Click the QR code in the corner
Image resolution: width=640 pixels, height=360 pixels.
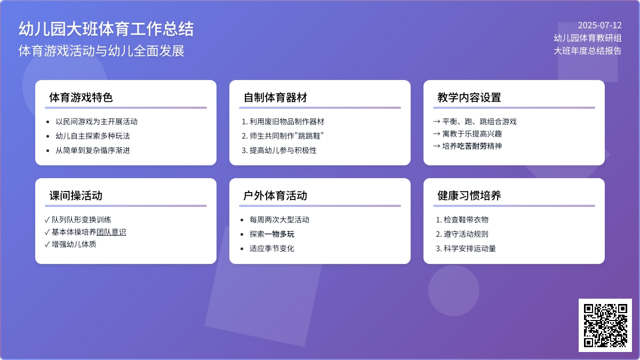(x=605, y=325)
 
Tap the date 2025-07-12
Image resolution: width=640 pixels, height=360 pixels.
(x=599, y=26)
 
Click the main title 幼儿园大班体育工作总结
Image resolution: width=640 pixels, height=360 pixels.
(x=106, y=29)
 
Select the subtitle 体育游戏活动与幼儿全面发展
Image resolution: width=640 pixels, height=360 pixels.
(x=101, y=51)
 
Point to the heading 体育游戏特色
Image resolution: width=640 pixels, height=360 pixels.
(x=81, y=98)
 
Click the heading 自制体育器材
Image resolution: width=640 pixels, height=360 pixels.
(x=275, y=98)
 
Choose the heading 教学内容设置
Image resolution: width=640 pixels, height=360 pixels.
(x=469, y=98)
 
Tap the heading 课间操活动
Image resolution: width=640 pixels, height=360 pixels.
(x=76, y=196)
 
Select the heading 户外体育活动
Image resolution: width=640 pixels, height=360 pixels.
(x=275, y=196)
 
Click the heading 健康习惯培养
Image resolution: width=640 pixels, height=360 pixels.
(x=469, y=196)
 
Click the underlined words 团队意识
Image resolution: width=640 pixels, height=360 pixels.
(x=111, y=232)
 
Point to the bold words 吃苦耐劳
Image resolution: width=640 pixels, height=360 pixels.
(x=472, y=146)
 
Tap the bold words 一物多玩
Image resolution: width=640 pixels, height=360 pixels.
(x=279, y=234)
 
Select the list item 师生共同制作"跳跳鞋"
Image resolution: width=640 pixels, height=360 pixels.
(x=286, y=135)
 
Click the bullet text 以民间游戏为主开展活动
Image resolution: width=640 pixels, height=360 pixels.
(x=97, y=122)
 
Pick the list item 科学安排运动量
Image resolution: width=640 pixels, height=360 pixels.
(x=470, y=249)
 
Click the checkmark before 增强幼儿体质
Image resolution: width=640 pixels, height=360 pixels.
(x=47, y=244)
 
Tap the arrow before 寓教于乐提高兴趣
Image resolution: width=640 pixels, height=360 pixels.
(x=437, y=134)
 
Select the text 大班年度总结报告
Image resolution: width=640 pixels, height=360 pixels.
(x=587, y=51)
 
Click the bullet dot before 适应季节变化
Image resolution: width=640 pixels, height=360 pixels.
(x=242, y=249)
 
